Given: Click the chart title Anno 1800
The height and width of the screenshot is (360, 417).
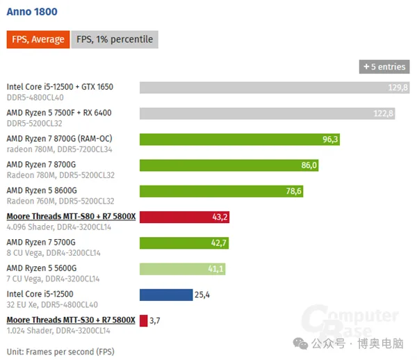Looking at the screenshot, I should [x=32, y=12].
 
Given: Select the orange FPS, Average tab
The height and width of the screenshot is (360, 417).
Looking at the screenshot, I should [x=38, y=40].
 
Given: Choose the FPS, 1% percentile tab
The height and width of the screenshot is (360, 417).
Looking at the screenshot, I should [x=115, y=40].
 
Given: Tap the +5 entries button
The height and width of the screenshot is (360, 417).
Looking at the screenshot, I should [x=384, y=67].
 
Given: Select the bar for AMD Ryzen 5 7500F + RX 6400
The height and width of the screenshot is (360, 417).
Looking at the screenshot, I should [x=268, y=113].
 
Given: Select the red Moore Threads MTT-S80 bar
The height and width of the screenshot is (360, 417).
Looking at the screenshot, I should [x=184, y=217].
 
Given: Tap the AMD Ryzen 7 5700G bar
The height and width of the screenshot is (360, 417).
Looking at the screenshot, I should [x=184, y=243].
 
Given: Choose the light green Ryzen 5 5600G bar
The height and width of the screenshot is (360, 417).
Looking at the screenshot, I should [x=182, y=268].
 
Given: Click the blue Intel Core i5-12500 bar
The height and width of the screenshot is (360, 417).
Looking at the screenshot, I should [x=166, y=295].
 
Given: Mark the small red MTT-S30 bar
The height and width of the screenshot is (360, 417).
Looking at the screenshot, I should [x=143, y=320].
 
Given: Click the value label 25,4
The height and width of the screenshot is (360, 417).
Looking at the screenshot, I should [x=202, y=295].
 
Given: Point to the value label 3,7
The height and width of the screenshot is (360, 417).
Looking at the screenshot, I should [x=156, y=320].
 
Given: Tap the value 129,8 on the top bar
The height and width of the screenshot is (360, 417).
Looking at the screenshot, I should [x=398, y=88].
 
